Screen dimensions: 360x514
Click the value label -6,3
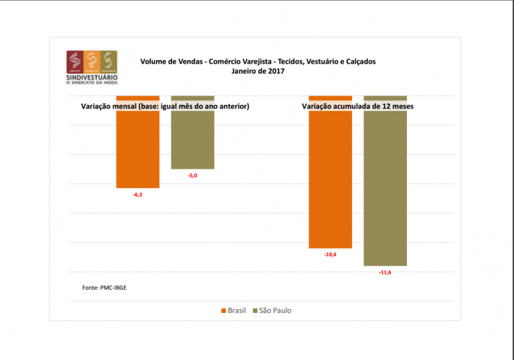[x=137, y=195]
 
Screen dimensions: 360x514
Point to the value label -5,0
[x=192, y=175]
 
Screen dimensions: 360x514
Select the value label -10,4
[x=330, y=254]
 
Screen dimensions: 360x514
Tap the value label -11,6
[x=385, y=272]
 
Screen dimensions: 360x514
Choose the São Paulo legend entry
[x=275, y=310]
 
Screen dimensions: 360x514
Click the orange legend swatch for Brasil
[x=224, y=310]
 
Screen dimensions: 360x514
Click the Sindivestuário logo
[x=91, y=67]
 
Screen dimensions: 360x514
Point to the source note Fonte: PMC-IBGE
[x=104, y=287]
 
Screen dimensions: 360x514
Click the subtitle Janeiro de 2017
[x=258, y=71]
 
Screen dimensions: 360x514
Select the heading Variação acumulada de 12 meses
[x=357, y=106]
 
